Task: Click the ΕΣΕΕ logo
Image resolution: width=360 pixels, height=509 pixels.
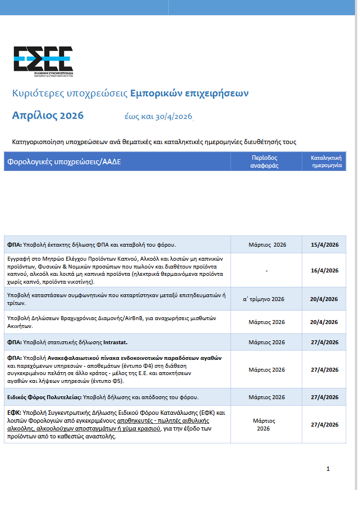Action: (x=43, y=60)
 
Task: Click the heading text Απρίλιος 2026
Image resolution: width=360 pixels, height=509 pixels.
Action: (x=48, y=116)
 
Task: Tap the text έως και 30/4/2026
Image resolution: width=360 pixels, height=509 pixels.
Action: (x=158, y=117)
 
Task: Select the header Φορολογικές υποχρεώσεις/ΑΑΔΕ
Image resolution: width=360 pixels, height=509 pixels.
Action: (x=64, y=163)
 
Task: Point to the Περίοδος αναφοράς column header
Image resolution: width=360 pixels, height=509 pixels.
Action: (x=264, y=162)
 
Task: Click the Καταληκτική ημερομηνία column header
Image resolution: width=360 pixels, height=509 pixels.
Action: (x=325, y=162)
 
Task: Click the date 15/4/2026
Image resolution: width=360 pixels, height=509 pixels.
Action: (x=324, y=244)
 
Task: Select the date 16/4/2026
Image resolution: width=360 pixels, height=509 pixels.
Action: (x=324, y=270)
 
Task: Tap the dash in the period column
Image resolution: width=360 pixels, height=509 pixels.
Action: (x=266, y=270)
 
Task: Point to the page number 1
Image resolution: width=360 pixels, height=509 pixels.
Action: (x=328, y=469)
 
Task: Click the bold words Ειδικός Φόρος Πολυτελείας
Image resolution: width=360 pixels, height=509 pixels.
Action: (x=44, y=397)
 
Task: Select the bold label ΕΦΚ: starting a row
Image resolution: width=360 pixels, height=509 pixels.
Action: (x=14, y=413)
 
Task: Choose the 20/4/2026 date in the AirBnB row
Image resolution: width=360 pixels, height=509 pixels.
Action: (x=324, y=322)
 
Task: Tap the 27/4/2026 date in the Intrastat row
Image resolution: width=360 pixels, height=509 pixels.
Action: (x=324, y=342)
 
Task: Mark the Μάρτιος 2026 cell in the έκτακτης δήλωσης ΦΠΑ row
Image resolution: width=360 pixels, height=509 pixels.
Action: (x=266, y=244)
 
